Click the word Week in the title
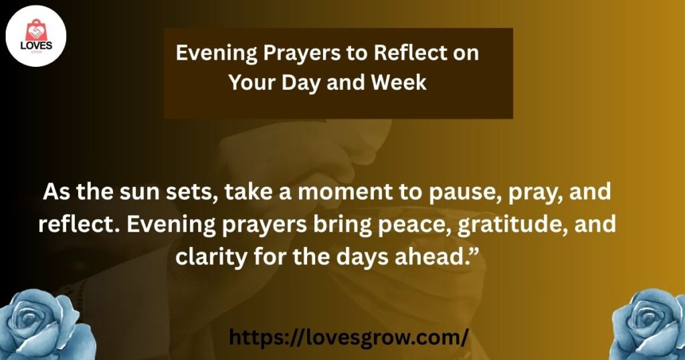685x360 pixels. (x=399, y=82)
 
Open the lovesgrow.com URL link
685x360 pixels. (x=349, y=338)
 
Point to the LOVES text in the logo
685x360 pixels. (x=36, y=46)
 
